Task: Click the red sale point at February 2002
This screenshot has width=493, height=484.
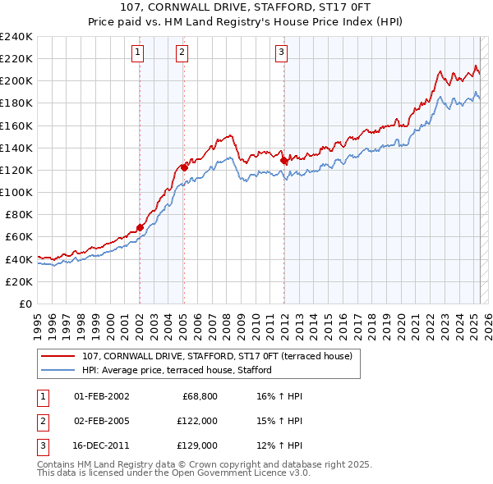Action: (140, 227)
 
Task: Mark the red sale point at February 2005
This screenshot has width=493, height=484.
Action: (183, 167)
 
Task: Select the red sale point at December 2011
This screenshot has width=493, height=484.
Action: (284, 161)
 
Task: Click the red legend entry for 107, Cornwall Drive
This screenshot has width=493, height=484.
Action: (217, 356)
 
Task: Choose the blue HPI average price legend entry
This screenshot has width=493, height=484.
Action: (177, 370)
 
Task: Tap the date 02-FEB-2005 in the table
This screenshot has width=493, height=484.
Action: (101, 421)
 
